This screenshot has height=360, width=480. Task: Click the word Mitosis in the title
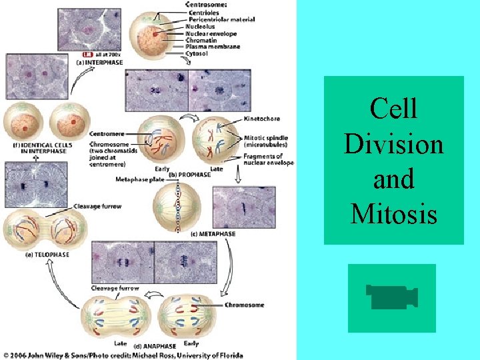pyautogui.click(x=393, y=214)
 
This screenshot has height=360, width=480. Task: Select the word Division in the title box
pyautogui.click(x=393, y=143)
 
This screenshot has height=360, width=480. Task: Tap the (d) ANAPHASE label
pyautogui.click(x=155, y=346)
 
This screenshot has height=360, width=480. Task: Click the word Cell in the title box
pyautogui.click(x=393, y=109)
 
